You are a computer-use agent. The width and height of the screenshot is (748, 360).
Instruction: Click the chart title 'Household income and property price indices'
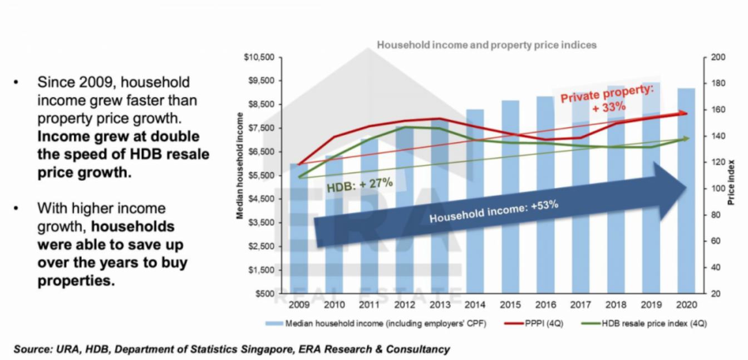click(486, 45)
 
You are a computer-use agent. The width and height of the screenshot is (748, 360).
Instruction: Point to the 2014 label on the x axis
click(475, 305)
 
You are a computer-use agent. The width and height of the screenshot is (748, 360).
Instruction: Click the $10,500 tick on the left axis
click(259, 57)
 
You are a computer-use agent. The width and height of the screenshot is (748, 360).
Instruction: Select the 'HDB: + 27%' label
click(360, 184)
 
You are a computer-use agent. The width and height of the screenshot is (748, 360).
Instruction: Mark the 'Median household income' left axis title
click(239, 165)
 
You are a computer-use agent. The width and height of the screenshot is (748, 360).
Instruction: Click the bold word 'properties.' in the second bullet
click(76, 281)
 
